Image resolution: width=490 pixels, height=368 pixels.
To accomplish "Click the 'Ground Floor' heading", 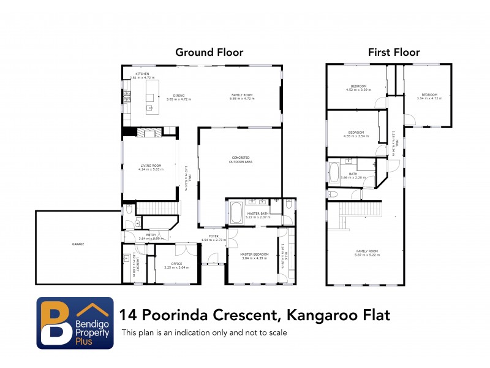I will (209, 52).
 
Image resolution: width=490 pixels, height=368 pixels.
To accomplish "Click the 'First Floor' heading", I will (388, 52).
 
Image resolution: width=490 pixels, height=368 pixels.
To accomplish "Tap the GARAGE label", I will (78, 244).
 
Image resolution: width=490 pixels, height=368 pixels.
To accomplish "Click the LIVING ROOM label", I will (151, 167).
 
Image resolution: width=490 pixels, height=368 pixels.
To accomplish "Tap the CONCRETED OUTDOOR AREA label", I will (240, 159).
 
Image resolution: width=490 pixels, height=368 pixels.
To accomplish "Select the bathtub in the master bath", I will (235, 213).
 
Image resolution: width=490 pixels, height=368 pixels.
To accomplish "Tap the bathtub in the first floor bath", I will (334, 172).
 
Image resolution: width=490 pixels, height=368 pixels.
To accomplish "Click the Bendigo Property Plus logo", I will (75, 323).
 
